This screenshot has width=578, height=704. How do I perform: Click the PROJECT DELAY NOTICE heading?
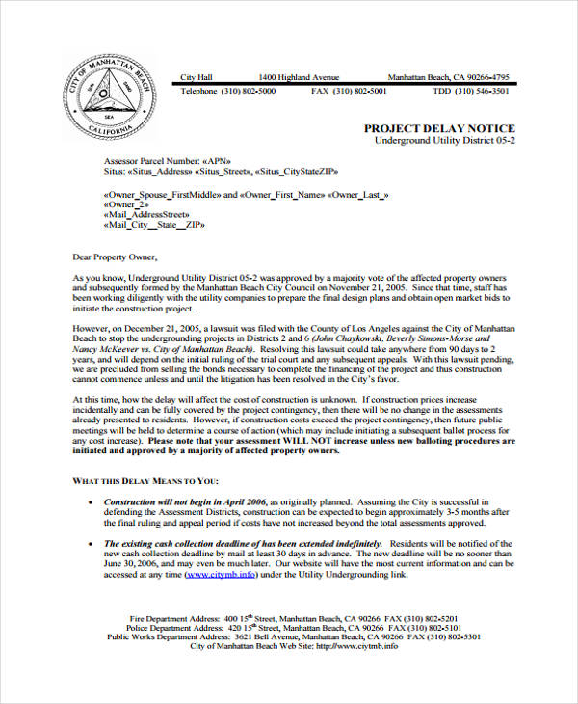point(439,128)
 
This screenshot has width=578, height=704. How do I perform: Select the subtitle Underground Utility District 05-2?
point(445,141)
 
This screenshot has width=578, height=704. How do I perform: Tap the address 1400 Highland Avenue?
point(299,77)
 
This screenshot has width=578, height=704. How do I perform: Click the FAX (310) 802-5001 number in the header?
point(349,91)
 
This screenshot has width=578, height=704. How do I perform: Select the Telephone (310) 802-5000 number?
point(228,91)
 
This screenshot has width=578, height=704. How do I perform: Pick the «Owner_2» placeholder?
point(126,204)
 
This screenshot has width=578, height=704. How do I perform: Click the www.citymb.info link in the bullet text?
point(221,573)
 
